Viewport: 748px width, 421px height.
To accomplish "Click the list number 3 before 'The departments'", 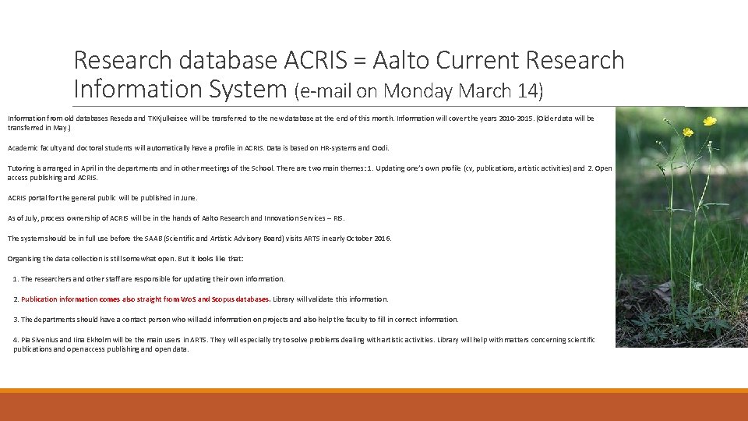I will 16,320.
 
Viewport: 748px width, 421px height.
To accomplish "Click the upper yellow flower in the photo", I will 709,121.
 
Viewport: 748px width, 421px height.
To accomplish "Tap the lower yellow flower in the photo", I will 688,133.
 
